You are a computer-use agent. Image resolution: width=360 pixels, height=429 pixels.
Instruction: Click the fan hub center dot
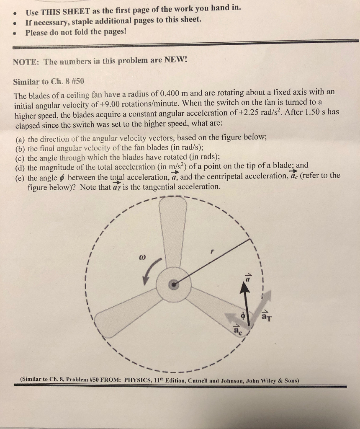(x=173, y=285)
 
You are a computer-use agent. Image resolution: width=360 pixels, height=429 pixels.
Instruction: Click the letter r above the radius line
(x=212, y=251)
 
